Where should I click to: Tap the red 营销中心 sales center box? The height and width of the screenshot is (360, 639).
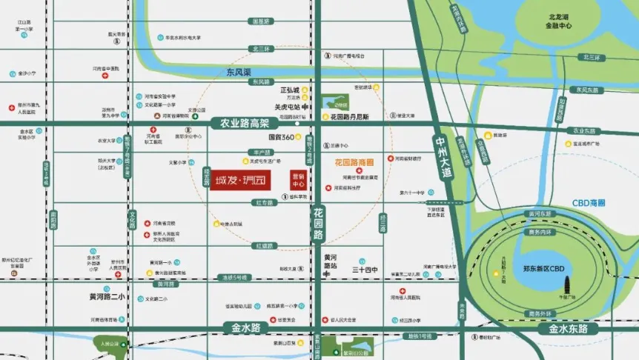[x=298, y=181]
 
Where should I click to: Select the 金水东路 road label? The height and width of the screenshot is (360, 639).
[x=568, y=328]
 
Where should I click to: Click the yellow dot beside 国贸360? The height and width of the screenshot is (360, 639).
[x=299, y=137]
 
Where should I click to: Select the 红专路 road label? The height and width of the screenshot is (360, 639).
[x=265, y=202]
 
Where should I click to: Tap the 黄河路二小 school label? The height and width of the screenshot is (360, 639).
[x=107, y=297]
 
